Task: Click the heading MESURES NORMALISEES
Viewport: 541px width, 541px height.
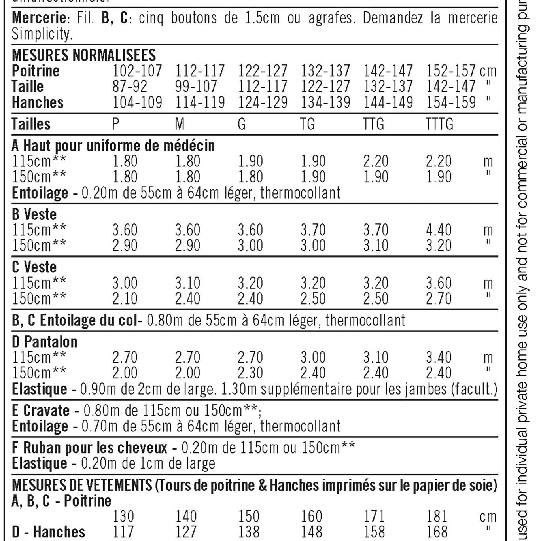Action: [x=84, y=55]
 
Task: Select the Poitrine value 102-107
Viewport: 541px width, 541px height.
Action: [x=137, y=71]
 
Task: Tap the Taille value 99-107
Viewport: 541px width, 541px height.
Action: [x=196, y=87]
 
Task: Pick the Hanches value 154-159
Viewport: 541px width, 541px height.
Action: [x=450, y=102]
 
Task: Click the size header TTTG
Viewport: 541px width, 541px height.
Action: [x=439, y=124]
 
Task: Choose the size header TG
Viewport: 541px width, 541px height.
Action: [x=308, y=124]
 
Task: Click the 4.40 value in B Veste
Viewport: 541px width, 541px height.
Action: [x=439, y=230]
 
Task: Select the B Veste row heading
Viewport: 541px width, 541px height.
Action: [x=34, y=214]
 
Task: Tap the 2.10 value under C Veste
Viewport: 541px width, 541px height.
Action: [x=125, y=299]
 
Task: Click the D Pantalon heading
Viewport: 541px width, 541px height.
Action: [x=45, y=342]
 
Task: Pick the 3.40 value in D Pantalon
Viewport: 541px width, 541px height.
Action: [x=439, y=358]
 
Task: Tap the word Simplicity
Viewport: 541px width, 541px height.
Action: [x=42, y=34]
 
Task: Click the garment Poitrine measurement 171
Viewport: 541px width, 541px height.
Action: [x=374, y=516]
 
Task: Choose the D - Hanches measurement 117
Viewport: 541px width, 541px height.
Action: [x=123, y=532]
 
